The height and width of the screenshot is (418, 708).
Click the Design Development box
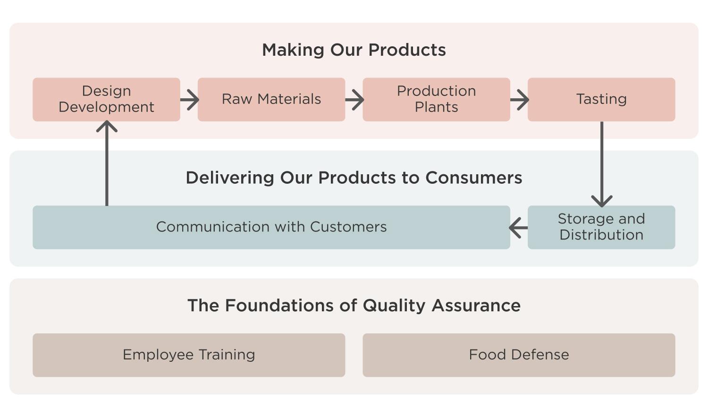point(107,99)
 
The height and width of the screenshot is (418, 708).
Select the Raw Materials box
point(271,99)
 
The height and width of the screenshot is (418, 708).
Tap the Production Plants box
point(437,99)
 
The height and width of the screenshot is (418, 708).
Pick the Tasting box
point(601,99)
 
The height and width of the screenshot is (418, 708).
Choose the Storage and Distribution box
point(601,227)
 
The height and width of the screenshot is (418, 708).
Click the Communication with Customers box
point(271,227)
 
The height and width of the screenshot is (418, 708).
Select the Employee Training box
point(189,355)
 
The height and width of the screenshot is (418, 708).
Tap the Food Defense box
point(519,355)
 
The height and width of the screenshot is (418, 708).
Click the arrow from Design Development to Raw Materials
point(190,100)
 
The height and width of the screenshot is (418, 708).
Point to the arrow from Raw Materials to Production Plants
point(354,100)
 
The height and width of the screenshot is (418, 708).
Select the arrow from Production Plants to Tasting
point(520,100)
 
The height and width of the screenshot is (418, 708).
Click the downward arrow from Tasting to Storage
point(602,164)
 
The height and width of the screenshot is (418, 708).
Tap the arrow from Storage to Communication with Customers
point(518,228)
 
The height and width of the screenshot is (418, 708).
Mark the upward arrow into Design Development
point(107,163)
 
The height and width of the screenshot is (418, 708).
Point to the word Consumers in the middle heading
point(474,178)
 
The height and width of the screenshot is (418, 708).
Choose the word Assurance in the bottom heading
point(476,306)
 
